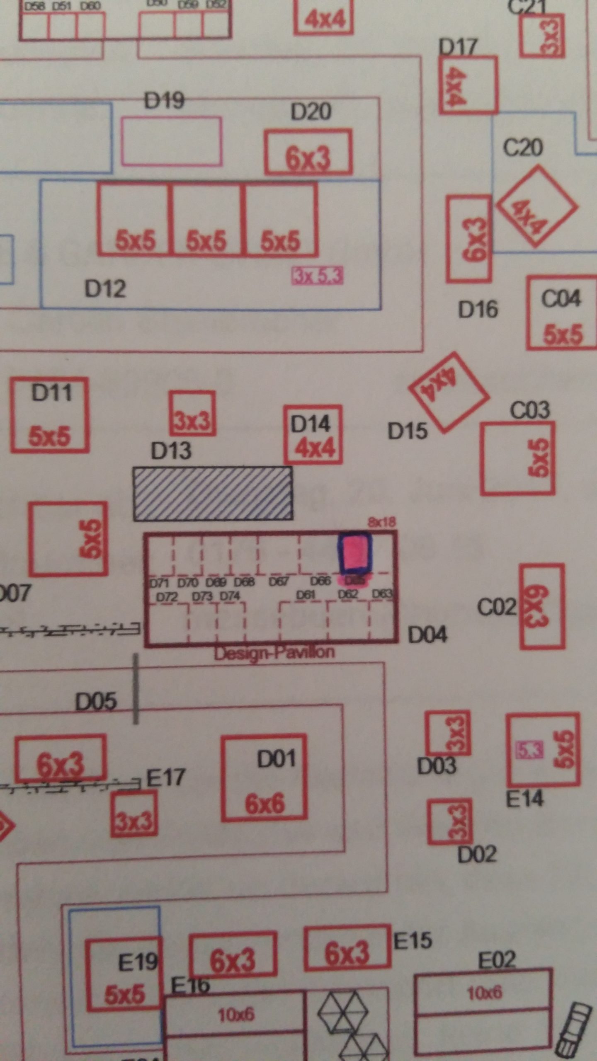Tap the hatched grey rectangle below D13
point(213,493)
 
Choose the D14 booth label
point(310,424)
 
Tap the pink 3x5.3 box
point(318,276)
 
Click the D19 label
point(164,100)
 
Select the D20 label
point(311,111)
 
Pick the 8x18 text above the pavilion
point(381,522)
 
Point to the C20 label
point(522,147)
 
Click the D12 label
point(105,288)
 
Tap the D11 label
point(51,392)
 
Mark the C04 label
point(561,298)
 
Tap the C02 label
point(497,608)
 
